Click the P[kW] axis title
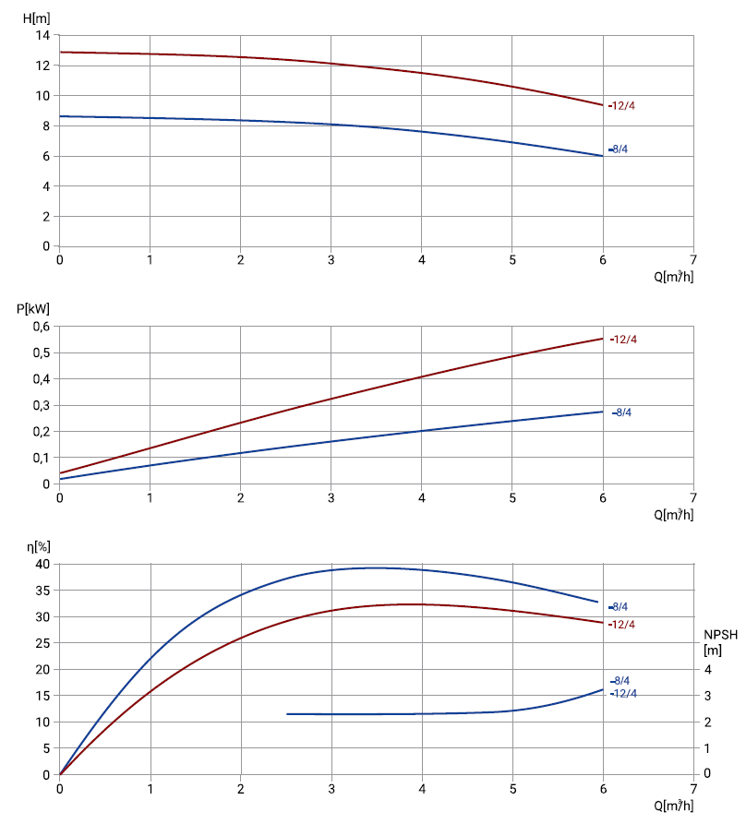pyautogui.click(x=32, y=309)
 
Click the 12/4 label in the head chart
pyautogui.click(x=624, y=105)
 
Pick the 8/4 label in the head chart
pyautogui.click(x=620, y=149)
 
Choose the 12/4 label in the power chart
pyautogui.click(x=625, y=340)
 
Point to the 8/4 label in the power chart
pyautogui.click(x=623, y=412)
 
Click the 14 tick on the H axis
pyautogui.click(x=42, y=35)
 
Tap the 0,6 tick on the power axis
pyautogui.click(x=41, y=327)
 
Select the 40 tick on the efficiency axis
pyautogui.click(x=41, y=564)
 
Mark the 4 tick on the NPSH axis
pyautogui.click(x=708, y=669)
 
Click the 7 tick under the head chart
pyautogui.click(x=693, y=260)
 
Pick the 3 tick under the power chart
pyautogui.click(x=331, y=498)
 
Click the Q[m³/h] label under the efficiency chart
pyautogui.click(x=674, y=806)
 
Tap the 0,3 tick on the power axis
pyautogui.click(x=41, y=405)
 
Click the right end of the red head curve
pyautogui.click(x=603, y=105)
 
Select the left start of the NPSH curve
pyautogui.click(x=287, y=714)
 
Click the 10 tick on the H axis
pyautogui.click(x=42, y=96)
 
